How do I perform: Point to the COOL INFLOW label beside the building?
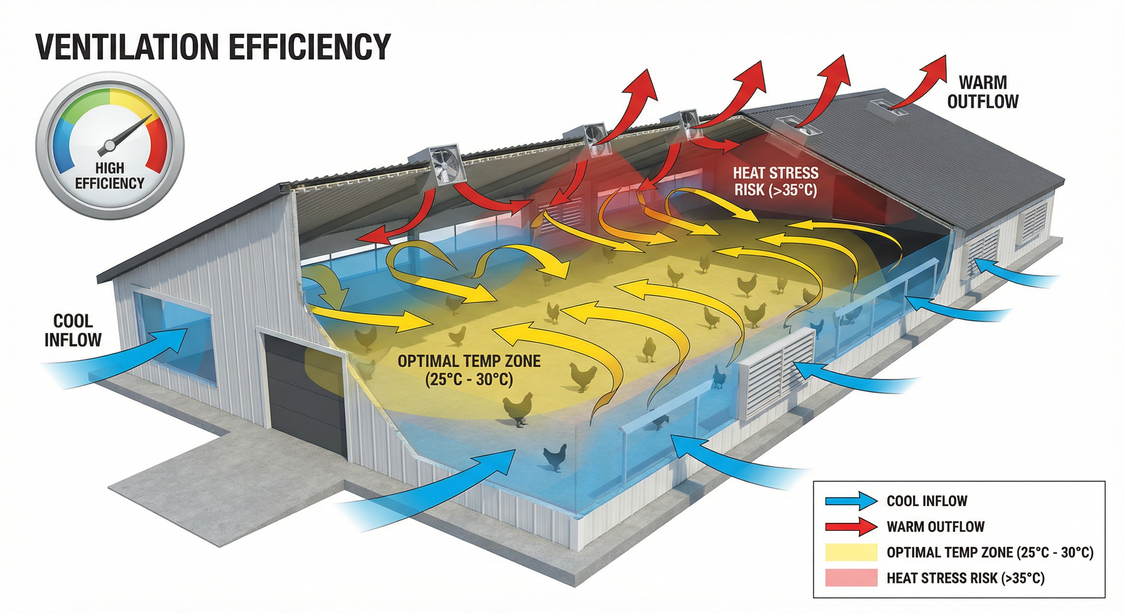(73, 330)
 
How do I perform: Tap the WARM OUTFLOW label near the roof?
(983, 92)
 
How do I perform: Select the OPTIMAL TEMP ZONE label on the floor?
(469, 370)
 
